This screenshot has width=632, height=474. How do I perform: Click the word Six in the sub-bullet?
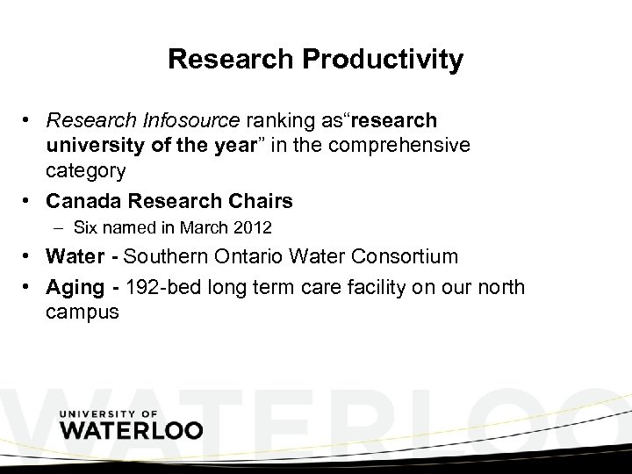[86, 228]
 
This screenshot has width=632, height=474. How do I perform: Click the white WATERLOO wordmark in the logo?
[132, 431]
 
